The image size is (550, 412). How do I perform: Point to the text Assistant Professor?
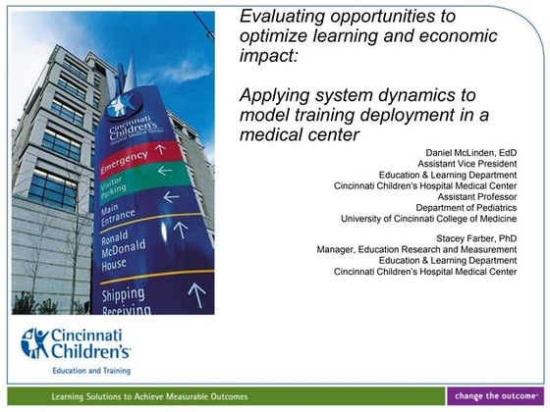tap(476, 196)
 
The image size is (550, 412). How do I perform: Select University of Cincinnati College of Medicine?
tap(428, 218)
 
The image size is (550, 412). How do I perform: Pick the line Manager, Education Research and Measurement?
tap(416, 249)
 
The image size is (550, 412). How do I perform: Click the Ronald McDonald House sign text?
tap(128, 253)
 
